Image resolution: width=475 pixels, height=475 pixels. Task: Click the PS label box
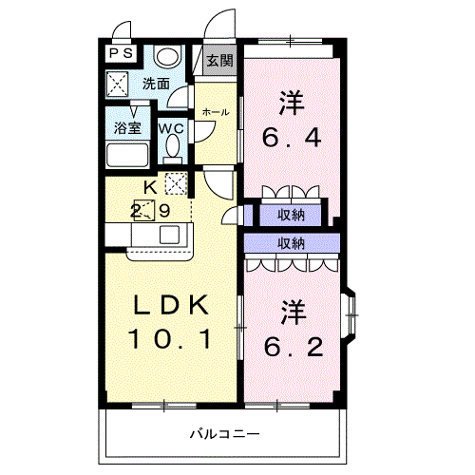click(121, 53)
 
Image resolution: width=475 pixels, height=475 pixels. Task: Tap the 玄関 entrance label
click(219, 60)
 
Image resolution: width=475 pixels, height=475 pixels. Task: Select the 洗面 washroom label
click(156, 84)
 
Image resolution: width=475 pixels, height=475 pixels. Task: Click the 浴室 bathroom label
click(127, 128)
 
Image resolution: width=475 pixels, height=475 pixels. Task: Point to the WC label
click(171, 128)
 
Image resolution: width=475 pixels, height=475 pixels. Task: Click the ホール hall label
click(216, 112)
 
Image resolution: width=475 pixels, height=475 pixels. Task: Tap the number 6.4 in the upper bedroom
click(292, 138)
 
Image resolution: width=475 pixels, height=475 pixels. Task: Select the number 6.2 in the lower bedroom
click(294, 347)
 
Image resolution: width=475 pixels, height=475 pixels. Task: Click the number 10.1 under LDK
click(170, 339)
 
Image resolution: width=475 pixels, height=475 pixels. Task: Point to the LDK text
click(171, 305)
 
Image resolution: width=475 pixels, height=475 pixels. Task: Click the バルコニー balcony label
click(225, 433)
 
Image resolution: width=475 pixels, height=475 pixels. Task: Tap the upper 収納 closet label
click(291, 216)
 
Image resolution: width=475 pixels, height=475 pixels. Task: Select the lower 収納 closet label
click(291, 243)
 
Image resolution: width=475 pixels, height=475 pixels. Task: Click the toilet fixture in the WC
click(173, 149)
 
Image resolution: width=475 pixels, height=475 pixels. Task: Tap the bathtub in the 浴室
click(127, 155)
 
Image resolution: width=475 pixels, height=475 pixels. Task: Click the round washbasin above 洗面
click(167, 56)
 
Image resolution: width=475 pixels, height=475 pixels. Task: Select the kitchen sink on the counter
click(169, 235)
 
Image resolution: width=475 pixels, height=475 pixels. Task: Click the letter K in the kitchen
click(151, 188)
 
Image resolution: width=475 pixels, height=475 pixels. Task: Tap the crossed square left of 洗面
click(118, 84)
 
